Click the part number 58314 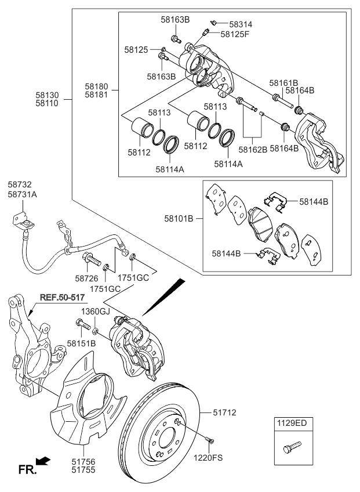click(x=241, y=24)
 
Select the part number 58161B click(x=282, y=82)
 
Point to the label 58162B click(x=253, y=149)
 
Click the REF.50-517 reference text click(x=62, y=298)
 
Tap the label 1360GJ click(x=94, y=312)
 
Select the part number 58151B click(x=81, y=343)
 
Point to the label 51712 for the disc click(x=224, y=413)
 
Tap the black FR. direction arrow click(x=42, y=461)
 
